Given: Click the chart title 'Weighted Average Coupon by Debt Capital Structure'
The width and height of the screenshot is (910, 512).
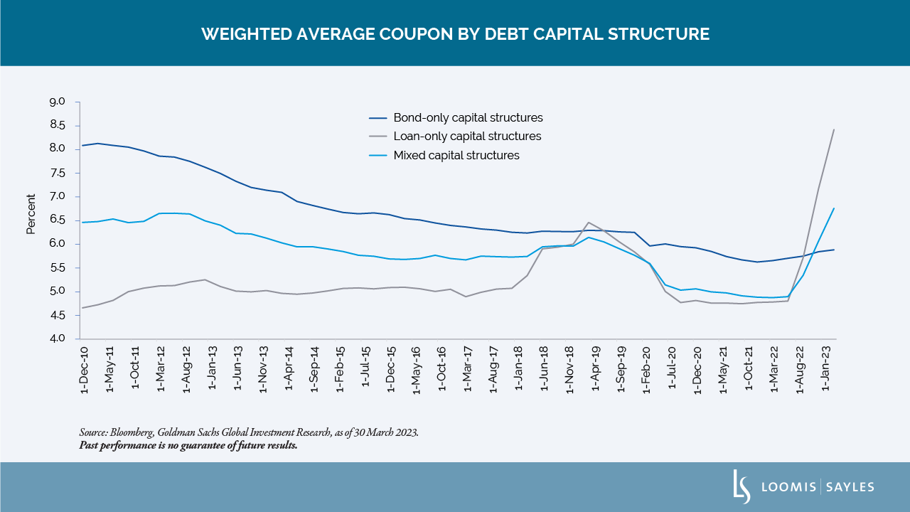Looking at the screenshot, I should click(455, 34).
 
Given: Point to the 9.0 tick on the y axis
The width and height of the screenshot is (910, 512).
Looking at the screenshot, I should click(57, 102).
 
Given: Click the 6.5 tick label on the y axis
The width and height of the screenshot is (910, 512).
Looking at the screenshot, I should click(57, 220).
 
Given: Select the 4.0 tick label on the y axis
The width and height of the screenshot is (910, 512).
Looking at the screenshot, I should click(57, 338).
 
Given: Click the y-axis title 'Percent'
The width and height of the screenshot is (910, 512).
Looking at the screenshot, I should click(31, 214).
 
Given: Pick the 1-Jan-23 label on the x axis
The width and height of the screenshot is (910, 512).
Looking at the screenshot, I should click(826, 367).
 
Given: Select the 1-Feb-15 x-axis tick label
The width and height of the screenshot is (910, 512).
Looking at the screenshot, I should click(340, 367).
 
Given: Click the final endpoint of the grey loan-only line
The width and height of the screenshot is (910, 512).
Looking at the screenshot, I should click(833, 129).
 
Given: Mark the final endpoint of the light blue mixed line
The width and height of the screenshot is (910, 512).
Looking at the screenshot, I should click(833, 208).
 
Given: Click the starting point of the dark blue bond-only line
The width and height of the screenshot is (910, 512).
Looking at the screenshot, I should click(82, 145).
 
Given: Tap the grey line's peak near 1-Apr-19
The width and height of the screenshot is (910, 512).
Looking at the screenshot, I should click(588, 223).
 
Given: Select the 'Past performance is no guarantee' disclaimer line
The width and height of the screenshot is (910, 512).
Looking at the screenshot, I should click(188, 446).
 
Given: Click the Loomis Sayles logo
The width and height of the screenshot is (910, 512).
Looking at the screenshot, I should click(803, 487).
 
